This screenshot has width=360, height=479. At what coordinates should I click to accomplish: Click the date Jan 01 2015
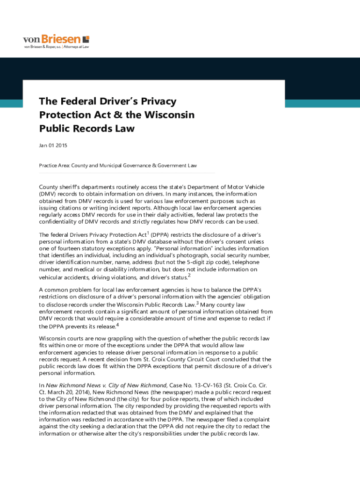53,145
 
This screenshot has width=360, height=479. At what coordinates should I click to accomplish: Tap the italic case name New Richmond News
68,385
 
